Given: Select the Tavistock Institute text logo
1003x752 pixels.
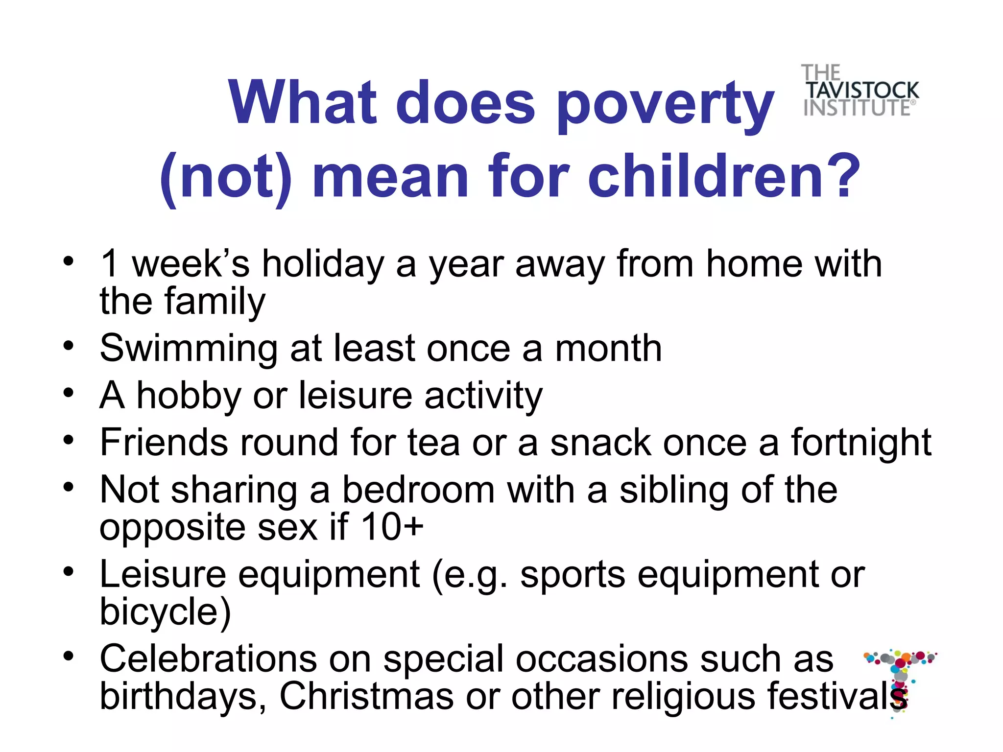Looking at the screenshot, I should point(860,91).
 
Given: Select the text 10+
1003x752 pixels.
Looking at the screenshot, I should point(392,528).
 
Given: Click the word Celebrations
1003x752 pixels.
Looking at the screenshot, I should point(208,659).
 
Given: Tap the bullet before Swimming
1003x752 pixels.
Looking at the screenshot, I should point(69,347).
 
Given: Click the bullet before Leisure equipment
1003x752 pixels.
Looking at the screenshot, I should point(69,572).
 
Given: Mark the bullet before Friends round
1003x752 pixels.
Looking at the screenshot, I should point(69,440).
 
